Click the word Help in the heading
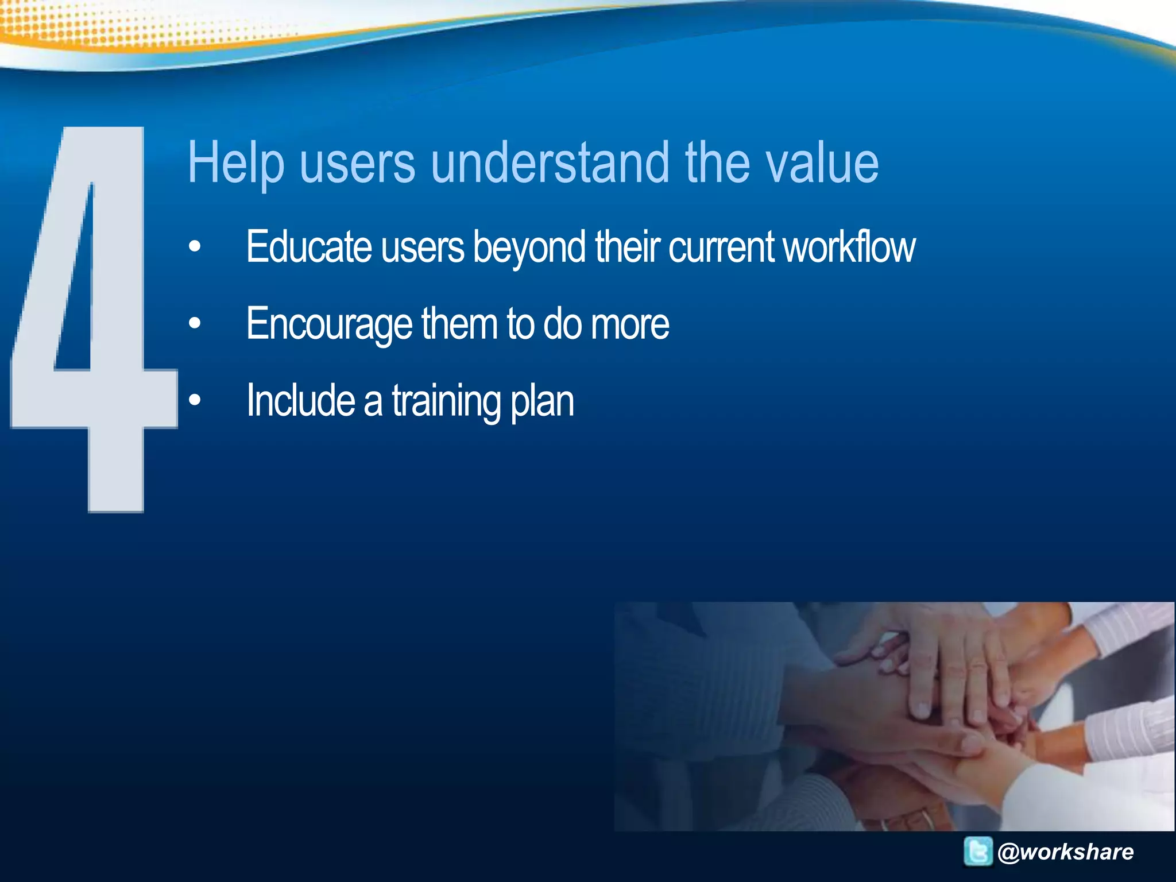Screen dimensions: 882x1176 coord(235,163)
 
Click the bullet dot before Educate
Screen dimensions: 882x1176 coord(195,247)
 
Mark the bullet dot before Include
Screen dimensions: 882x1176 coord(195,401)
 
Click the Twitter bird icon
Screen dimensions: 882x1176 coord(978,851)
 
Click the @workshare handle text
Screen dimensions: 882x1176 coord(1066,852)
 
